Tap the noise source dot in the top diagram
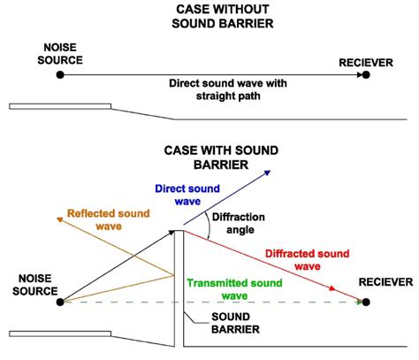click(x=60, y=76)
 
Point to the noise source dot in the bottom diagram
click(x=60, y=302)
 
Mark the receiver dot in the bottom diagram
click(x=365, y=302)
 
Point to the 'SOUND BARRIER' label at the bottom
click(x=235, y=323)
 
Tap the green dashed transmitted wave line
click(x=265, y=302)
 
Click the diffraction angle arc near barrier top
click(x=207, y=227)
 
